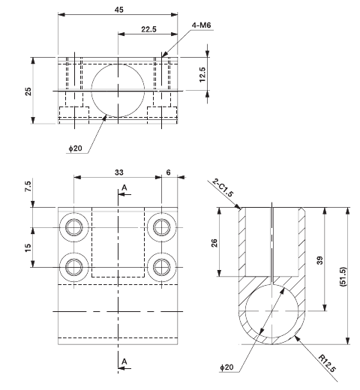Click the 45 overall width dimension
(x=118, y=9)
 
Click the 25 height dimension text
(x=28, y=91)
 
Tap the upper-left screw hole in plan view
(x=74, y=226)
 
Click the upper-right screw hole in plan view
(x=161, y=226)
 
